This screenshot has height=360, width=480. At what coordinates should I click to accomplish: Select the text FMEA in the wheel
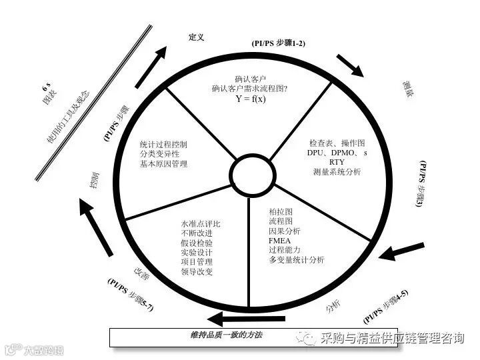pyautogui.click(x=279, y=240)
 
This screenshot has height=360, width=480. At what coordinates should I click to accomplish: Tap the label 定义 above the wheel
pyautogui.click(x=197, y=37)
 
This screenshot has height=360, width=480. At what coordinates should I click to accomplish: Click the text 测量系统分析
pyautogui.click(x=337, y=172)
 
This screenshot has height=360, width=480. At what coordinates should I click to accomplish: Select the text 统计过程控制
pyautogui.click(x=163, y=144)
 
